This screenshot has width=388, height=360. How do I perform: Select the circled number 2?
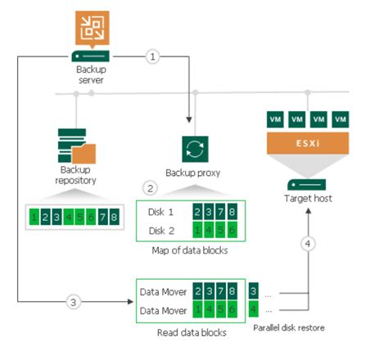point(149,187)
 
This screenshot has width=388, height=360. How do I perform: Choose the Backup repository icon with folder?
point(76,147)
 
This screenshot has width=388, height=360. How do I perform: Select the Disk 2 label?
point(163,229)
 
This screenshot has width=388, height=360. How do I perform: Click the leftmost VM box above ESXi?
point(276,119)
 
